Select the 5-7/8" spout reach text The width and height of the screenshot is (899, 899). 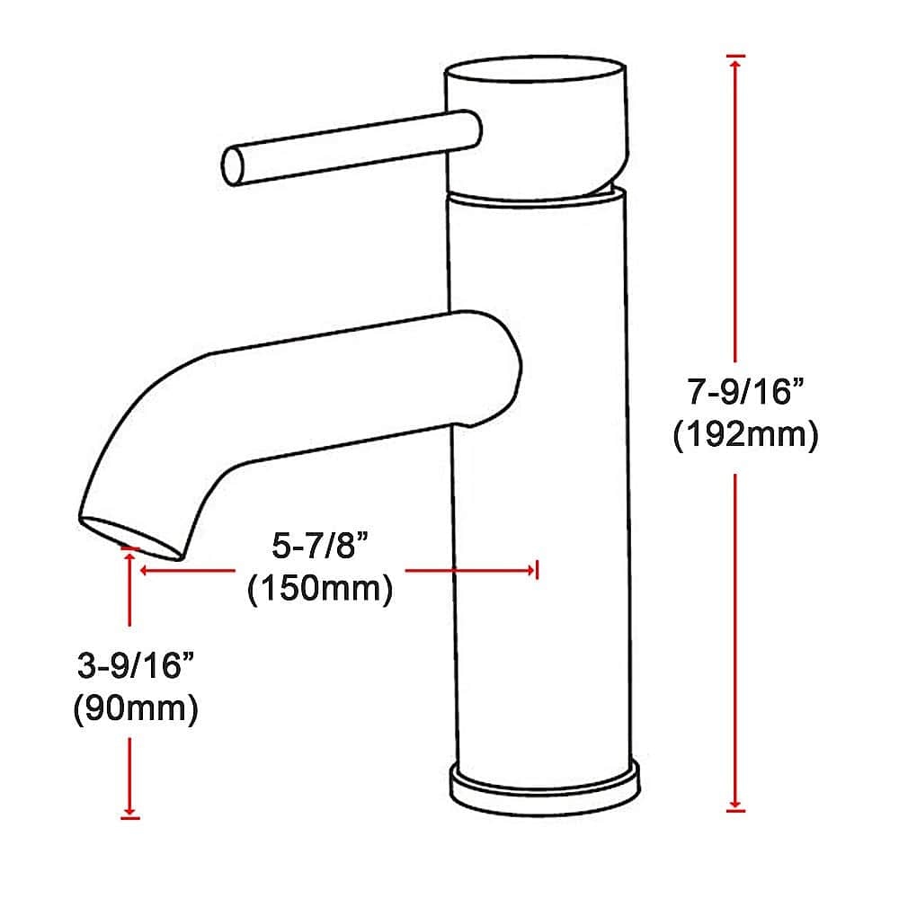pyautogui.click(x=321, y=546)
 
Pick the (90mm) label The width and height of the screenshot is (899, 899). pyautogui.click(x=135, y=708)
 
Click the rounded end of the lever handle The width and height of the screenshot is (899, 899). pyautogui.click(x=233, y=165)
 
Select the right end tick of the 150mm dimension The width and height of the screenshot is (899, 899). pyautogui.click(x=536, y=569)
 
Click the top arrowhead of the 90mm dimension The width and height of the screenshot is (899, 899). pyautogui.click(x=131, y=557)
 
